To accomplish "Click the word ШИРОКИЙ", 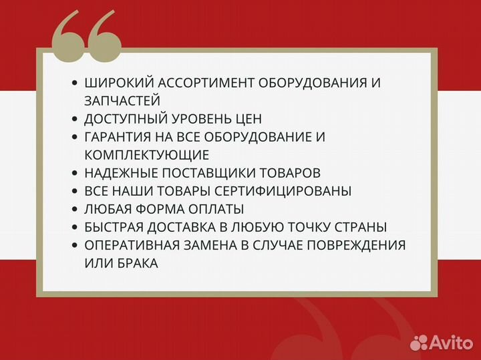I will [x=116, y=83].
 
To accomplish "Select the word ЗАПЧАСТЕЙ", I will [x=122, y=101].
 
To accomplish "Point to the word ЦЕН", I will [x=247, y=119].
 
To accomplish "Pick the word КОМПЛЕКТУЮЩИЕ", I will [x=147, y=155].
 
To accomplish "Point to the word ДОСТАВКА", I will [x=193, y=227].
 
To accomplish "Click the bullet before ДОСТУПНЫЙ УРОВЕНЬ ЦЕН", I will [x=74, y=119].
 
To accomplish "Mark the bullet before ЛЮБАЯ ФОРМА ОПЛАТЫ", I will [x=74, y=209].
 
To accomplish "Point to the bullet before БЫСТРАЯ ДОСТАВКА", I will [x=74, y=227].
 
